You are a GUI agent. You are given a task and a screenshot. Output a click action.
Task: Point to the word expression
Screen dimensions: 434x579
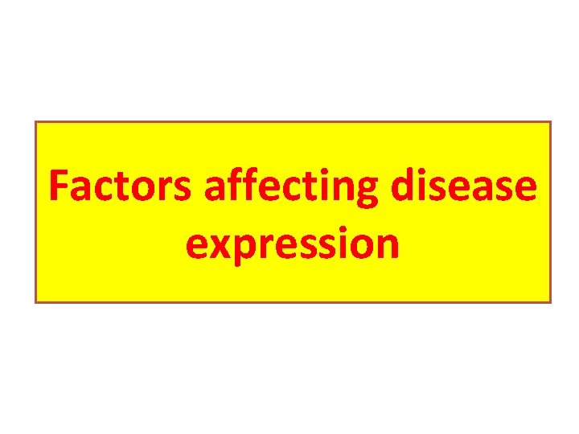292,244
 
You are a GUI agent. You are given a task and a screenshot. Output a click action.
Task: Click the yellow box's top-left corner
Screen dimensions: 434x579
35,121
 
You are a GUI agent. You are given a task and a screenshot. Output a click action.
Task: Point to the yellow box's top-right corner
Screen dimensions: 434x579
551,121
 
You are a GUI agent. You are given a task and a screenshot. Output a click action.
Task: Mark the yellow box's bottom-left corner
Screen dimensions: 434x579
35,302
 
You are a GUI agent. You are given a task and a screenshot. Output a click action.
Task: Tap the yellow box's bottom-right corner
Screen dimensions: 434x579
551,302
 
